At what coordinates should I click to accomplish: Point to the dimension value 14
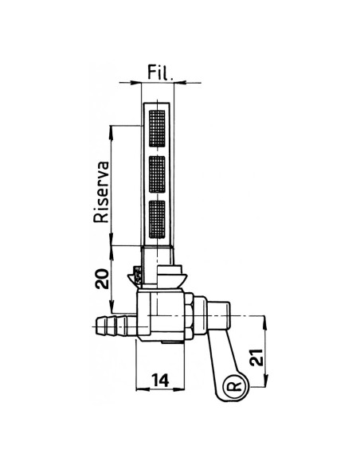(x=162, y=381)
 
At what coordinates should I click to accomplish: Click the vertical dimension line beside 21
(x=263, y=350)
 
